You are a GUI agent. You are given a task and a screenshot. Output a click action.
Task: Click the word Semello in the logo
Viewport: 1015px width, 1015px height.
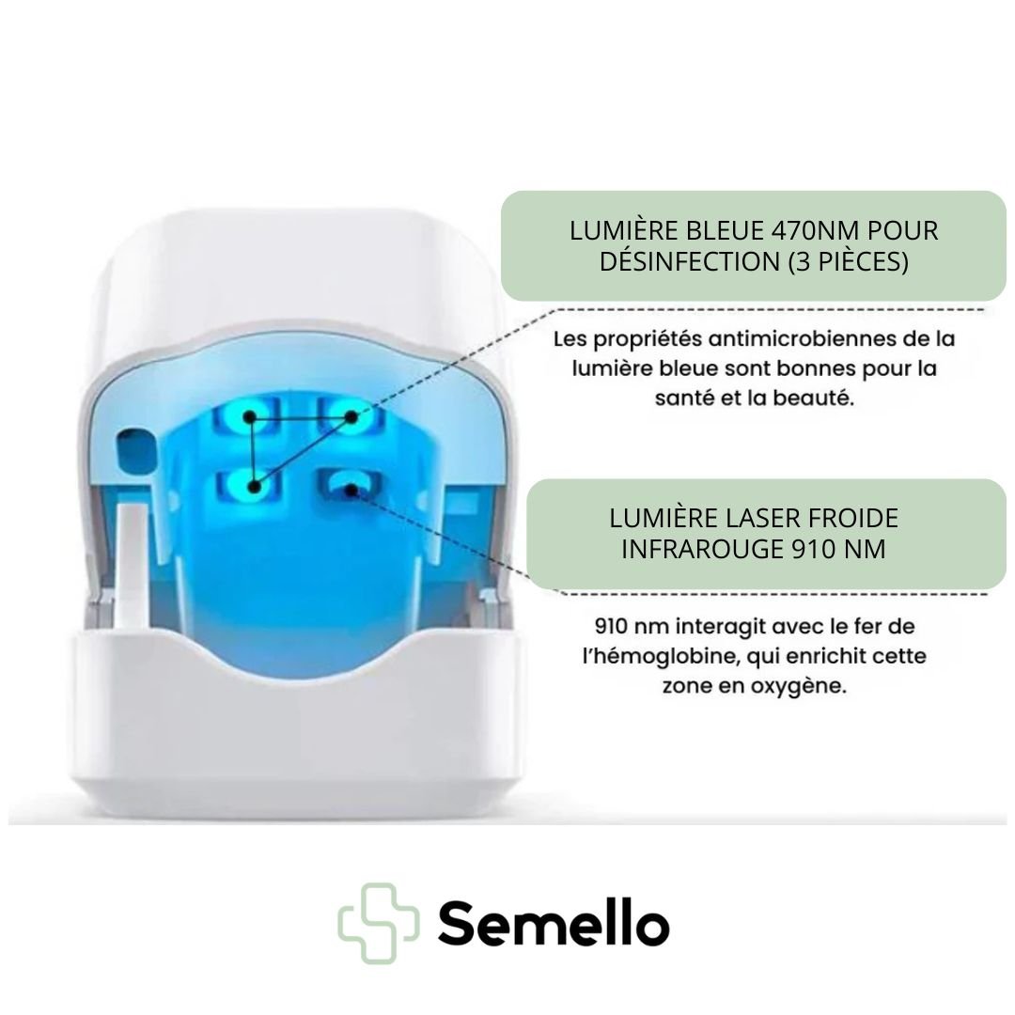click(x=554, y=923)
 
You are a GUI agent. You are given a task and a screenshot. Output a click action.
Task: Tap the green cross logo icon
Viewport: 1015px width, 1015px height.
click(x=378, y=923)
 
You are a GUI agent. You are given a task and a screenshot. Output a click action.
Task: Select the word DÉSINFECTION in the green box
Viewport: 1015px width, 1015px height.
click(x=690, y=261)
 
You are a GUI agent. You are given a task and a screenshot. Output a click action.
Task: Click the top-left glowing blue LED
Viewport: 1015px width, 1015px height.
click(x=249, y=417)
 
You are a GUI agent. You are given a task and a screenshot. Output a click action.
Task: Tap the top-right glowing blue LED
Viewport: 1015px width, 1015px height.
click(x=351, y=416)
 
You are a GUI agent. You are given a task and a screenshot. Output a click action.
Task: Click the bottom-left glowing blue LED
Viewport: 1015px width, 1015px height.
click(x=254, y=487)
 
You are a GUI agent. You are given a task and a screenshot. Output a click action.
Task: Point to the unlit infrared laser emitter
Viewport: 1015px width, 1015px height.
click(x=351, y=487)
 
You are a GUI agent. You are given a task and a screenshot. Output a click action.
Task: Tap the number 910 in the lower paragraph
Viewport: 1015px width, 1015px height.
click(x=611, y=627)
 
